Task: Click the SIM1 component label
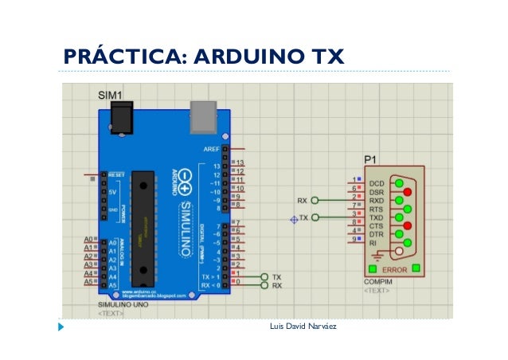(111, 95)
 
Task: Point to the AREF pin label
(213, 148)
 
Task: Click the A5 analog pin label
(89, 284)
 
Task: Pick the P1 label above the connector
(370, 158)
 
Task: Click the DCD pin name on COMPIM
(377, 183)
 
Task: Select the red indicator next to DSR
(408, 192)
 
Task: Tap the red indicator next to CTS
(408, 225)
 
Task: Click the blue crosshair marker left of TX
(293, 218)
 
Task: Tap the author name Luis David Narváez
(303, 327)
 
